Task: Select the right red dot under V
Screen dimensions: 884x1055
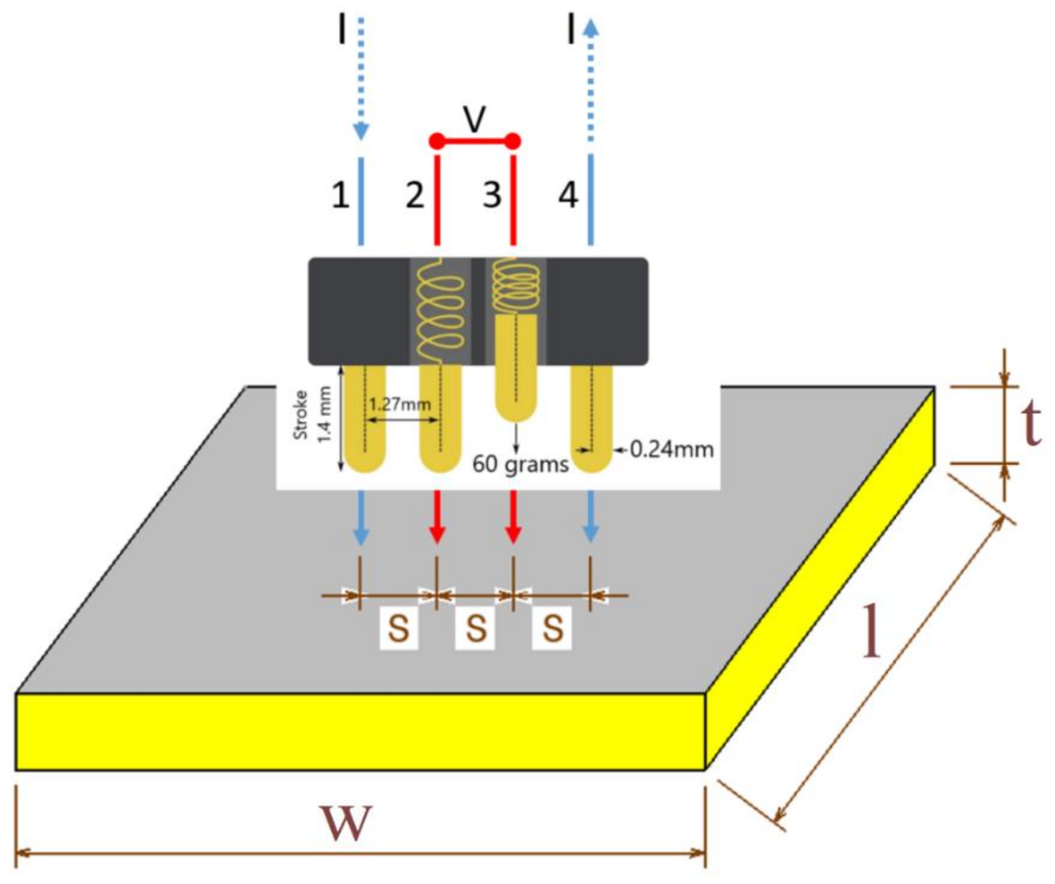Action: pos(513,142)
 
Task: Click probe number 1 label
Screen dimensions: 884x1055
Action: pos(341,195)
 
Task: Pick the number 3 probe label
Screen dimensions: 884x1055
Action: pos(492,195)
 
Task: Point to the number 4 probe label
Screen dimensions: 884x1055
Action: pos(568,195)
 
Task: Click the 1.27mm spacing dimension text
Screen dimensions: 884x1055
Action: pos(400,404)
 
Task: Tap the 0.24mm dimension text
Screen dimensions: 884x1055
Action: pos(671,449)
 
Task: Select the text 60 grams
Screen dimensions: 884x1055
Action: pos(520,464)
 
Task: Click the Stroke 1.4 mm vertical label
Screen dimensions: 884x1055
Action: pos(313,415)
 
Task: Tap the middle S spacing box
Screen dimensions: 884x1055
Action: pos(475,628)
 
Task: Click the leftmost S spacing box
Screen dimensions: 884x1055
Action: pos(399,628)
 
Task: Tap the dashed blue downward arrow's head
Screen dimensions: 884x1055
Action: pos(361,132)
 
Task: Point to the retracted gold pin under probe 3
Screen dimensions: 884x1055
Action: pos(516,367)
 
